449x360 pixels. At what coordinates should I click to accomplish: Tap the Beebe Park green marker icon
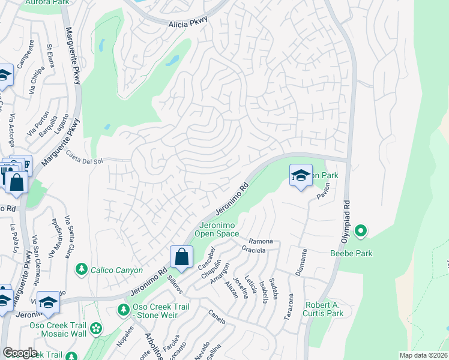[360, 230]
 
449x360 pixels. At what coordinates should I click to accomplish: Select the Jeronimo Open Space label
[217, 229]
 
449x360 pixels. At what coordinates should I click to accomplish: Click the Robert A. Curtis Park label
[324, 309]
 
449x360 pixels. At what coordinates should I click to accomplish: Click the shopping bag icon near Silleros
[181, 258]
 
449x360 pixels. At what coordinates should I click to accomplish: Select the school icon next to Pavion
[301, 175]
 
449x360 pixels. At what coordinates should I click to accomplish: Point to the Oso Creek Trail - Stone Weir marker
[123, 310]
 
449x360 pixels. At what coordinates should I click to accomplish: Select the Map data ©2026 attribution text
[423, 355]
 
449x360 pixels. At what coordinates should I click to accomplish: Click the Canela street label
[217, 316]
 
